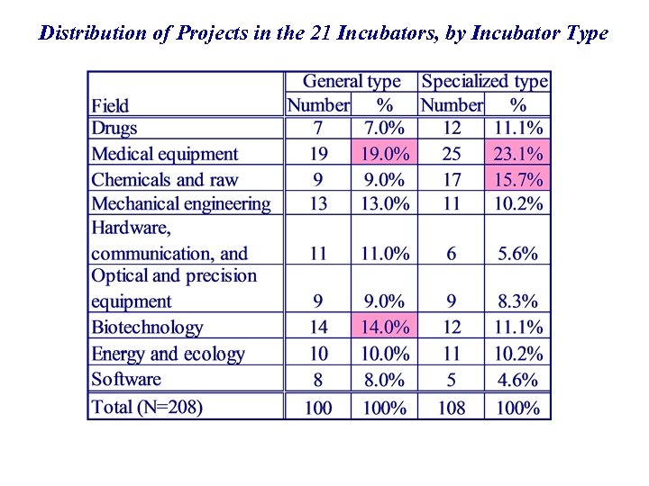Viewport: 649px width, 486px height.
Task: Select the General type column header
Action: click(352, 82)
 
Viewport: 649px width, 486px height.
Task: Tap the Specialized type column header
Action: click(484, 82)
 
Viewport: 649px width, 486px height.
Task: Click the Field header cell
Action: click(110, 105)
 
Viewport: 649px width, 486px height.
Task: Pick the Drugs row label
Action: click(114, 129)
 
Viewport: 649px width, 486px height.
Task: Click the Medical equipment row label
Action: click(165, 154)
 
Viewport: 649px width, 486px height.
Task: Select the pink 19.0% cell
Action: click(385, 154)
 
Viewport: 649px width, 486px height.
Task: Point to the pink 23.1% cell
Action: click(518, 154)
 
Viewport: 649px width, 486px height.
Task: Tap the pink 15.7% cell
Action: click(518, 179)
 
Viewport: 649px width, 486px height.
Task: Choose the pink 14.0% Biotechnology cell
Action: click(385, 327)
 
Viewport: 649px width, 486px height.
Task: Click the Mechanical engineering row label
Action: click(181, 204)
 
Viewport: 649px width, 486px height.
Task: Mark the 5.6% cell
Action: click(518, 254)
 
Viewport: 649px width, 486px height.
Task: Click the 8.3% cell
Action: click(518, 301)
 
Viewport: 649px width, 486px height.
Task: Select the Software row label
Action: click(126, 379)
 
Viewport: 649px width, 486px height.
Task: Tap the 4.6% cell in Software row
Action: click(518, 379)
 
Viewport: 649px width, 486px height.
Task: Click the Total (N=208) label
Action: click(147, 407)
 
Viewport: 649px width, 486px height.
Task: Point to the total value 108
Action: click(451, 408)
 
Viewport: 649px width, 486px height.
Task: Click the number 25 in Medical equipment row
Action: click(451, 154)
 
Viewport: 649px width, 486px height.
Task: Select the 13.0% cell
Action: click(385, 204)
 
